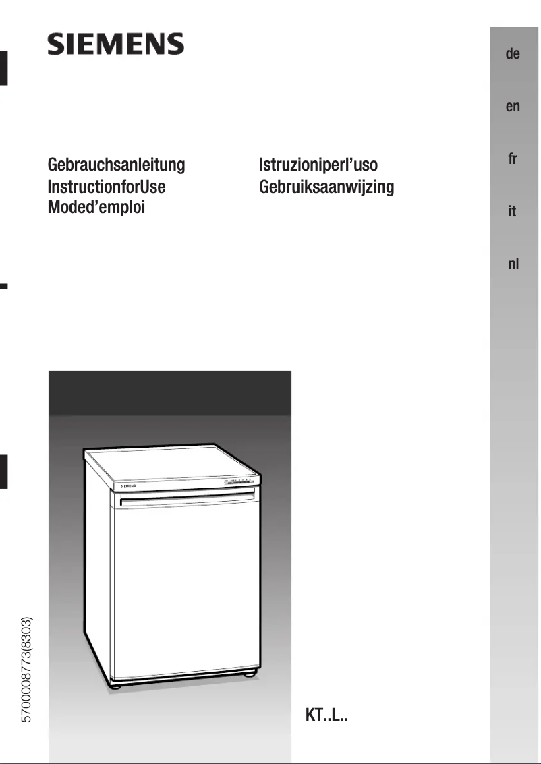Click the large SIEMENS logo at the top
[115, 45]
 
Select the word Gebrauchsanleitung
[116, 165]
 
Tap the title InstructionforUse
[107, 186]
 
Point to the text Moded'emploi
[96, 207]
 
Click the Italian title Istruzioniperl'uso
[318, 165]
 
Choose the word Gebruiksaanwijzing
[326, 186]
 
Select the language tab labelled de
[513, 54]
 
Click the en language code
[513, 107]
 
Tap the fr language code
[513, 159]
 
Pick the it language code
[513, 212]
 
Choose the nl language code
[513, 264]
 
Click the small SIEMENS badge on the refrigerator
[128, 485]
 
